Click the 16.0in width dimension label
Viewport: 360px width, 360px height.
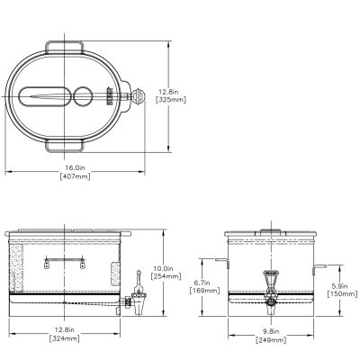[x=75, y=166]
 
